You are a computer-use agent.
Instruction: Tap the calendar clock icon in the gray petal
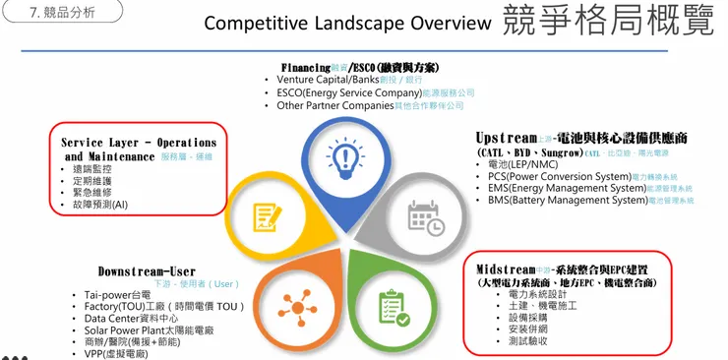[426, 218]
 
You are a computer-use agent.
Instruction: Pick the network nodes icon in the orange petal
[291, 303]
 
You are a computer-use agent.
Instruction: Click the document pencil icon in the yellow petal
[266, 216]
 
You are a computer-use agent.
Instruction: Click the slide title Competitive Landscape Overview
[346, 23]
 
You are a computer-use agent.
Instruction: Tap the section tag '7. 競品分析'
[62, 12]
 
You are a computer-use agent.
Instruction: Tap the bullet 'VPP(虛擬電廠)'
[116, 353]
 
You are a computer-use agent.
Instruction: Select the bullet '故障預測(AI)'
[93, 205]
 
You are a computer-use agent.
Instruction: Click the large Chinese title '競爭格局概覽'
[607, 21]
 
